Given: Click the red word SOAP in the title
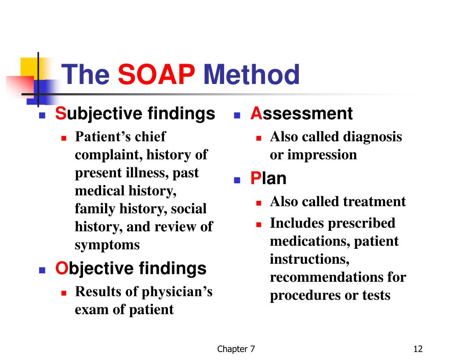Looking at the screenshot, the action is tap(156, 74).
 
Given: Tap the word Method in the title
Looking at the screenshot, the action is tap(251, 74).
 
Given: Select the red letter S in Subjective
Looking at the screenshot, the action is tap(61, 113).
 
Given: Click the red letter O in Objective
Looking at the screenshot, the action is tap(61, 268).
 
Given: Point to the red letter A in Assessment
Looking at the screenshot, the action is tap(256, 113).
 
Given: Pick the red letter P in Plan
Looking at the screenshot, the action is tap(255, 178).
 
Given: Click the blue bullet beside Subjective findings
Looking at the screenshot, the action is tap(42, 116).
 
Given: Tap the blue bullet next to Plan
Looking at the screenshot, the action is tap(237, 180).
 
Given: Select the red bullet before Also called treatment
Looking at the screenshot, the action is tap(259, 203).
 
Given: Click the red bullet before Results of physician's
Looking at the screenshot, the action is tap(64, 293).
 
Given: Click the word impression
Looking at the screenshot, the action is tap(322, 155).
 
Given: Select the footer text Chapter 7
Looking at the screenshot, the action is tap(236, 349).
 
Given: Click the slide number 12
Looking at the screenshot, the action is tap(418, 349).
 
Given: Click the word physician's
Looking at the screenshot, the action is tap(177, 292).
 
